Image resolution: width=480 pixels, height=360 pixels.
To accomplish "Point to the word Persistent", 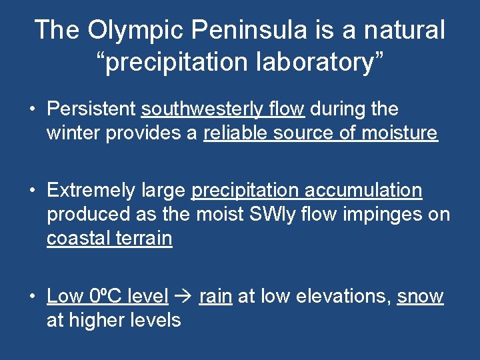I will (x=91, y=109).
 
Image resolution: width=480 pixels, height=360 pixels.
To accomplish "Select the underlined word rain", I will (x=215, y=296).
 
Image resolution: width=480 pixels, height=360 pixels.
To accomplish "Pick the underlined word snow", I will (x=420, y=296).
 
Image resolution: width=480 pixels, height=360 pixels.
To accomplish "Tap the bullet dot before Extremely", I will (x=32, y=191).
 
